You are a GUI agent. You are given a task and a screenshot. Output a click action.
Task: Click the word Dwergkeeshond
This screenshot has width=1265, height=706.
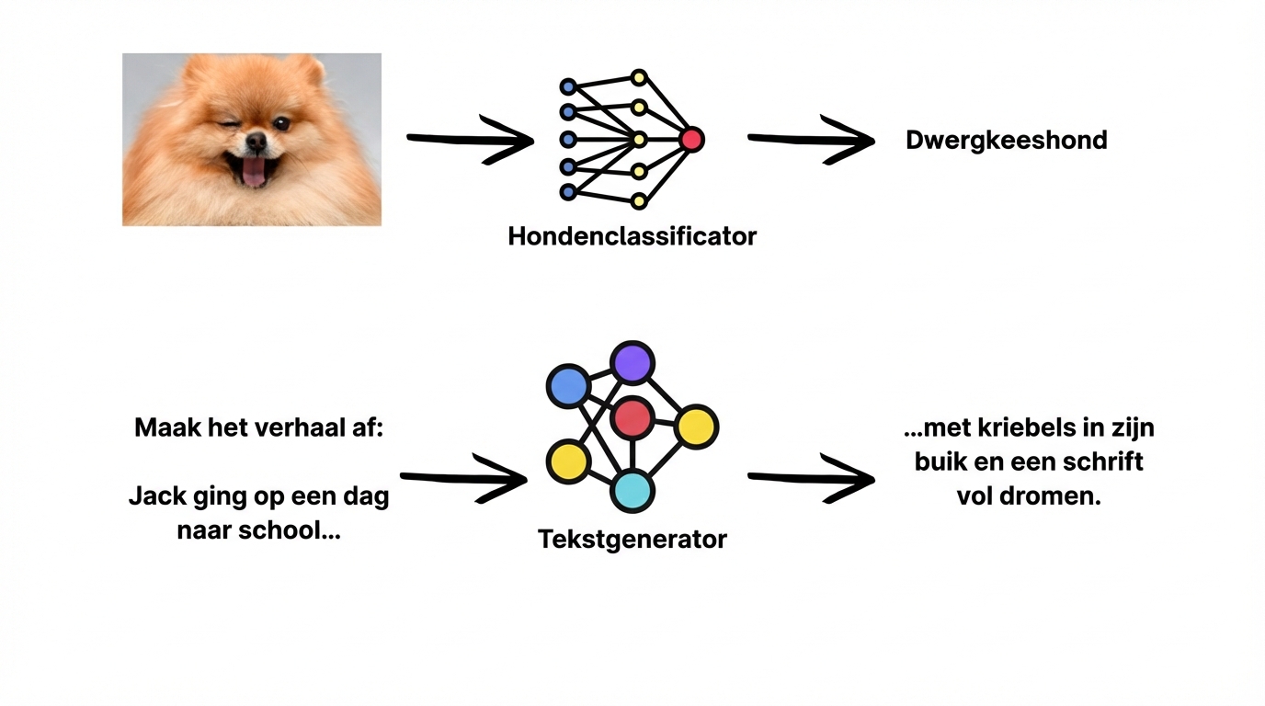point(1006,141)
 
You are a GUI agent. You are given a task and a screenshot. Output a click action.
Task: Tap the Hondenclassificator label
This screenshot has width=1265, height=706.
point(632,236)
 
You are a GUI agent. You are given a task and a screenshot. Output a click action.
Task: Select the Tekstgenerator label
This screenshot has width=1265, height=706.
point(632,539)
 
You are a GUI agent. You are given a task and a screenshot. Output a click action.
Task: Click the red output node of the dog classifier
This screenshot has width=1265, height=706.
point(691,140)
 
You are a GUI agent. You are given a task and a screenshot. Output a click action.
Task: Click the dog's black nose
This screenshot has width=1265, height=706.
point(256,141)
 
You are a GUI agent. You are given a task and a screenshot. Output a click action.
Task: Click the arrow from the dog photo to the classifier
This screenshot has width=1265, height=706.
point(469,141)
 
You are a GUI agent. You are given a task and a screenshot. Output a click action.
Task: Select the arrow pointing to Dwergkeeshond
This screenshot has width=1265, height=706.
point(809,141)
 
